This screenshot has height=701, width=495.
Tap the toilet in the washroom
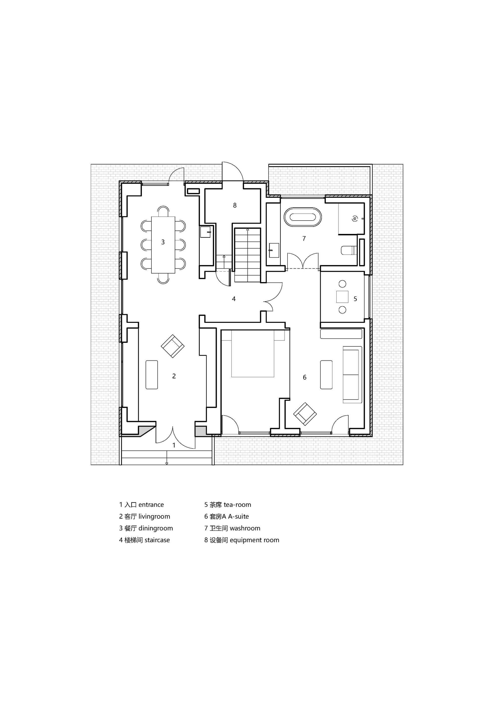click(x=348, y=250)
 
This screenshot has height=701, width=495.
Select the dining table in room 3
click(x=163, y=245)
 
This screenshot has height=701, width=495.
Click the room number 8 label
click(x=235, y=205)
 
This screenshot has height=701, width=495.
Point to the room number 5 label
click(x=355, y=299)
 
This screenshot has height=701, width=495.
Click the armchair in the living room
click(x=172, y=346)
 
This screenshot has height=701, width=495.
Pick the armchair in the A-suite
click(x=305, y=414)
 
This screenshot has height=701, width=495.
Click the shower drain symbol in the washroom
click(x=355, y=219)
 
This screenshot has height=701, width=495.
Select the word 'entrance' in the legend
click(x=151, y=505)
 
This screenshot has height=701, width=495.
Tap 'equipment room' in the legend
click(x=254, y=540)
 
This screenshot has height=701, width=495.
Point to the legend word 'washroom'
click(x=245, y=528)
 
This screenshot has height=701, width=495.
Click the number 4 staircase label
click(x=234, y=299)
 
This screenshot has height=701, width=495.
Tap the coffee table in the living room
click(x=151, y=375)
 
